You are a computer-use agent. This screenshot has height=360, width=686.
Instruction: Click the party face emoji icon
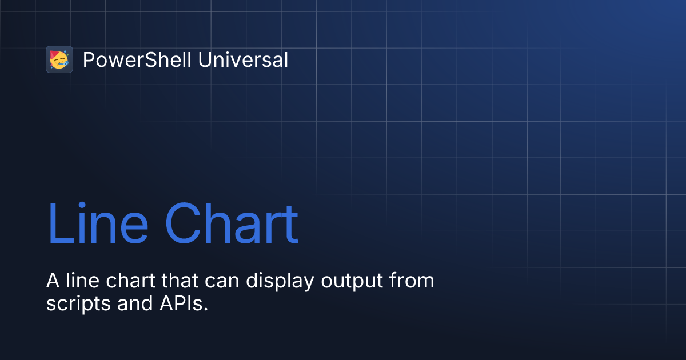pyautogui.click(x=59, y=59)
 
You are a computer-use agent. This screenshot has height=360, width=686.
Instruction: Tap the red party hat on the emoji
pyautogui.click(x=55, y=54)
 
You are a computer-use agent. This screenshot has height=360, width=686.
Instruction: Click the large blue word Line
pyautogui.click(x=98, y=224)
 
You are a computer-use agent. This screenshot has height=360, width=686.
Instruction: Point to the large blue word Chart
pyautogui.click(x=232, y=224)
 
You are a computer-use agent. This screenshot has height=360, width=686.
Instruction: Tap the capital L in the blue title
pyautogui.click(x=58, y=224)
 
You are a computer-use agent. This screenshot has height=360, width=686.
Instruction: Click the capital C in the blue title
pyautogui.click(x=182, y=224)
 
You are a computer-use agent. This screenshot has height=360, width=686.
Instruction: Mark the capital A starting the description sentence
pyautogui.click(x=53, y=281)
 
